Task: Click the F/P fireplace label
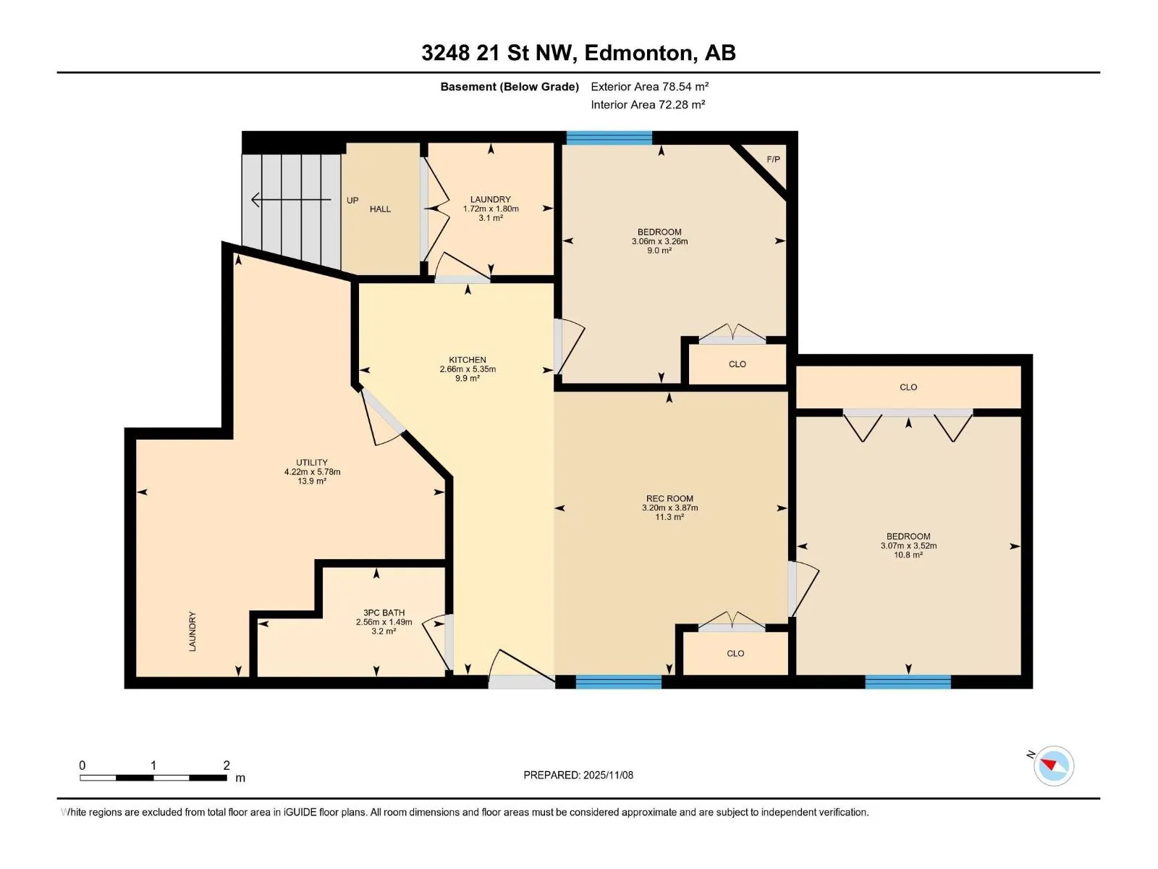point(773,159)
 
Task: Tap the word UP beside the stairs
point(352,201)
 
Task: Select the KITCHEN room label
point(468,360)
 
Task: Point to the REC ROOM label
point(669,499)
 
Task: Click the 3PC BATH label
point(384,613)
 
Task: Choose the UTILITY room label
point(312,462)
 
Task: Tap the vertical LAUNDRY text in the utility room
point(193,631)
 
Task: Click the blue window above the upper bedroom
point(609,138)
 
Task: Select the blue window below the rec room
point(618,681)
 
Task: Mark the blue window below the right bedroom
point(908,681)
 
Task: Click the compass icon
point(1054,765)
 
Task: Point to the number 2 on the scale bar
point(227,765)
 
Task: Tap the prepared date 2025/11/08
point(608,775)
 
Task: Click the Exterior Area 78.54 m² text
point(649,86)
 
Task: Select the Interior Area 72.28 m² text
point(648,104)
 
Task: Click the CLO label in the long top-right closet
point(908,387)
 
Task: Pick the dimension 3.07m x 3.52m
point(908,545)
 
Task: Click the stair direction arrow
point(291,199)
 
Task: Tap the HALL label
point(380,209)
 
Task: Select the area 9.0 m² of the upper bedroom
point(659,251)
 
